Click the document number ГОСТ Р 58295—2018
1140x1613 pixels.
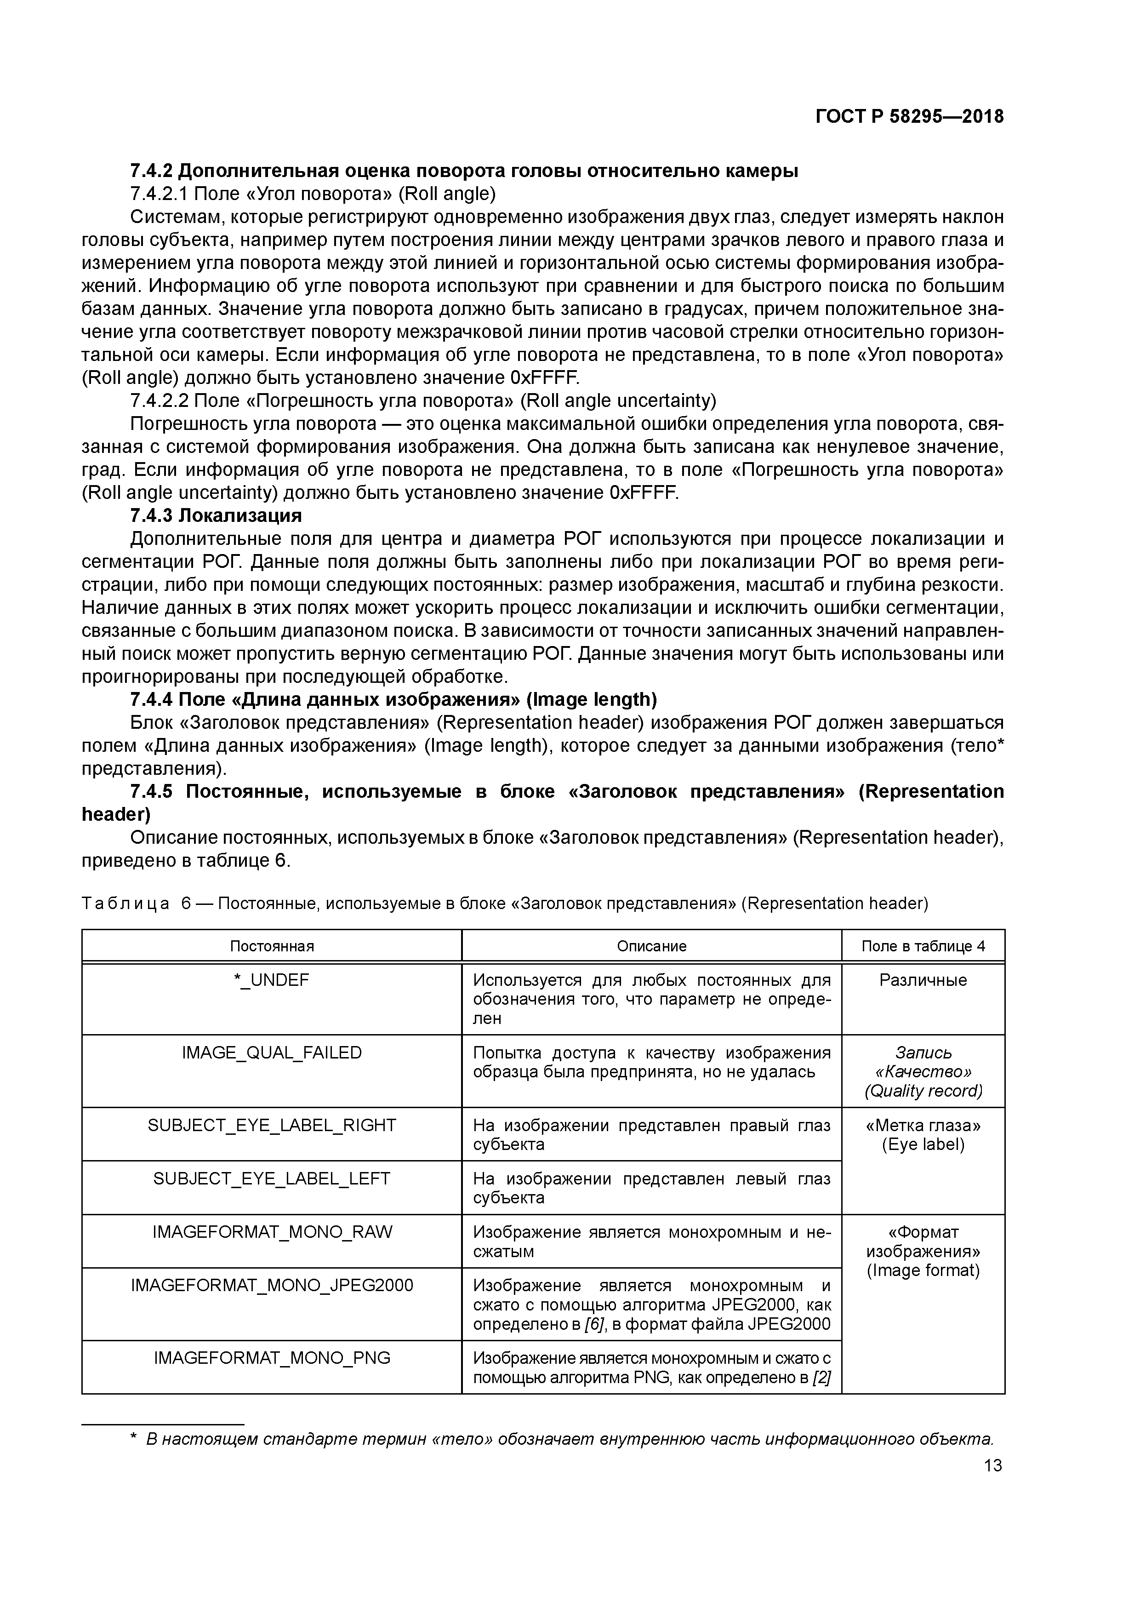point(910,117)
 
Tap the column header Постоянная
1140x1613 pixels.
point(272,946)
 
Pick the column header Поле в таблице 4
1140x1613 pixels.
point(923,946)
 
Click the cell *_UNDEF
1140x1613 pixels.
point(272,980)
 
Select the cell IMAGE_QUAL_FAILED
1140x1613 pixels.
point(272,1052)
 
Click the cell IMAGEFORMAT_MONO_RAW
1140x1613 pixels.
point(272,1231)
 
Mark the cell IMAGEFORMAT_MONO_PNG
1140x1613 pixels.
point(272,1358)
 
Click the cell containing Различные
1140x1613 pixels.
point(923,980)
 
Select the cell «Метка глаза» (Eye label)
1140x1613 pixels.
point(923,1135)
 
